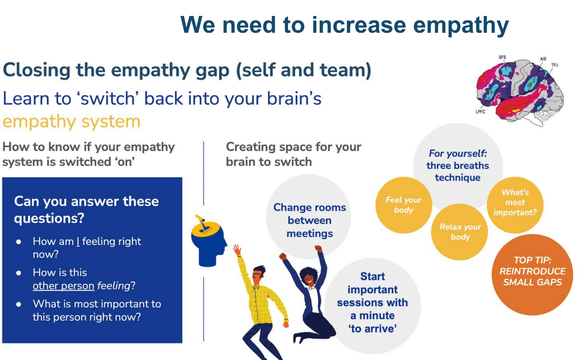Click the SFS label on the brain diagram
502,57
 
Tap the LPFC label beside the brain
480,112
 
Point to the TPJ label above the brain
554,65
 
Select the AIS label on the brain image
543,59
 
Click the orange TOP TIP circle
532,274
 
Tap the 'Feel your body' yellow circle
404,205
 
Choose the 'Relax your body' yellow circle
459,232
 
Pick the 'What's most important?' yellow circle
515,205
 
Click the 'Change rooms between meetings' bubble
309,217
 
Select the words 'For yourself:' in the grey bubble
458,154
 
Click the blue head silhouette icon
209,244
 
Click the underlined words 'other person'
63,286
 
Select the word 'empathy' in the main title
461,26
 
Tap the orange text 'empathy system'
72,122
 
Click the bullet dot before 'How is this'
19,273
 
